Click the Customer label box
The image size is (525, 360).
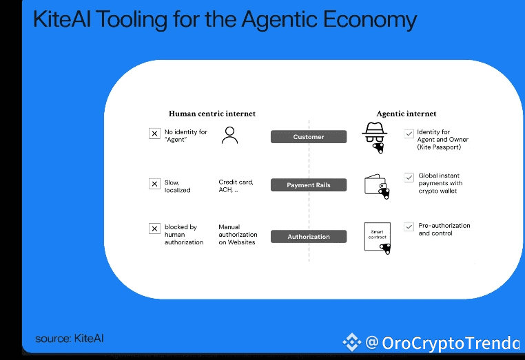[309, 137]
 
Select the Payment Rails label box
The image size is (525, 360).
[309, 185]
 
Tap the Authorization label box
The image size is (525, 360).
[309, 237]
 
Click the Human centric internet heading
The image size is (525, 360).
[212, 114]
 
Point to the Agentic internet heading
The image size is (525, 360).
[406, 114]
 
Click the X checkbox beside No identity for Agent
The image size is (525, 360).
[154, 134]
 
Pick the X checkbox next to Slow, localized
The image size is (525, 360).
[154, 184]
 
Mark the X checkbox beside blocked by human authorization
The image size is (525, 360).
[154, 229]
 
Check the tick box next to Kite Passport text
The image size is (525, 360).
[409, 134]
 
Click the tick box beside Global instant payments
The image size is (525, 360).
[409, 178]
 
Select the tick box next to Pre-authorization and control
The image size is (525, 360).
[409, 227]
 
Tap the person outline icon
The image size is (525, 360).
[229, 135]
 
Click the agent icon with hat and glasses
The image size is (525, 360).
[375, 137]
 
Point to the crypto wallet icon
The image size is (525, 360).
[377, 187]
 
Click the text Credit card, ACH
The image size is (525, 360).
[236, 186]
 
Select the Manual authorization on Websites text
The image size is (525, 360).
[238, 235]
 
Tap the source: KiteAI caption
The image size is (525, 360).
[70, 338]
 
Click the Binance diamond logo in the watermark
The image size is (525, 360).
[351, 342]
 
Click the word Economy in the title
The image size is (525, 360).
[370, 20]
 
